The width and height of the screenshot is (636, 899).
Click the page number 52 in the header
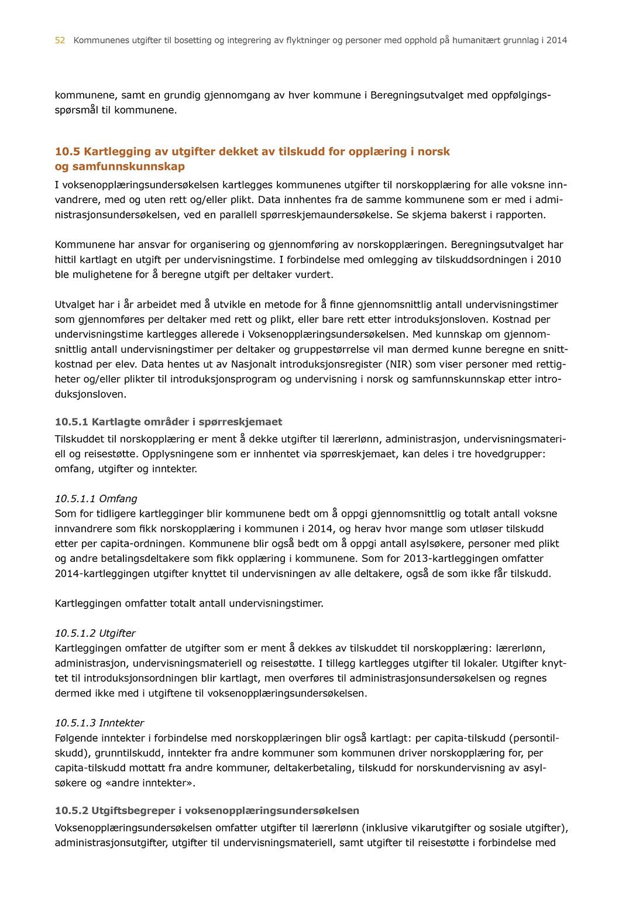pyautogui.click(x=60, y=40)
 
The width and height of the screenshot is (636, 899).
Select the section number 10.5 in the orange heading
pyautogui.click(x=67, y=152)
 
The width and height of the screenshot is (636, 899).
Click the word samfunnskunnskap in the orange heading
pyautogui.click(x=128, y=167)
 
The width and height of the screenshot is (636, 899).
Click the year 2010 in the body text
pyautogui.click(x=549, y=260)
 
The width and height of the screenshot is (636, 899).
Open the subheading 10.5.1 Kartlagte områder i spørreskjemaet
pyautogui.click(x=169, y=422)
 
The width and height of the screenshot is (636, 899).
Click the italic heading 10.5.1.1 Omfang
pyautogui.click(x=96, y=499)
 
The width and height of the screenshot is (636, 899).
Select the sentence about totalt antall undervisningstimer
pyautogui.click(x=189, y=603)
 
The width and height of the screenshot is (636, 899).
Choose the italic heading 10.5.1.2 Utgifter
pyautogui.click(x=95, y=633)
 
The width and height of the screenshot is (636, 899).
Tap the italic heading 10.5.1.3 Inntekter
pyautogui.click(x=99, y=723)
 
